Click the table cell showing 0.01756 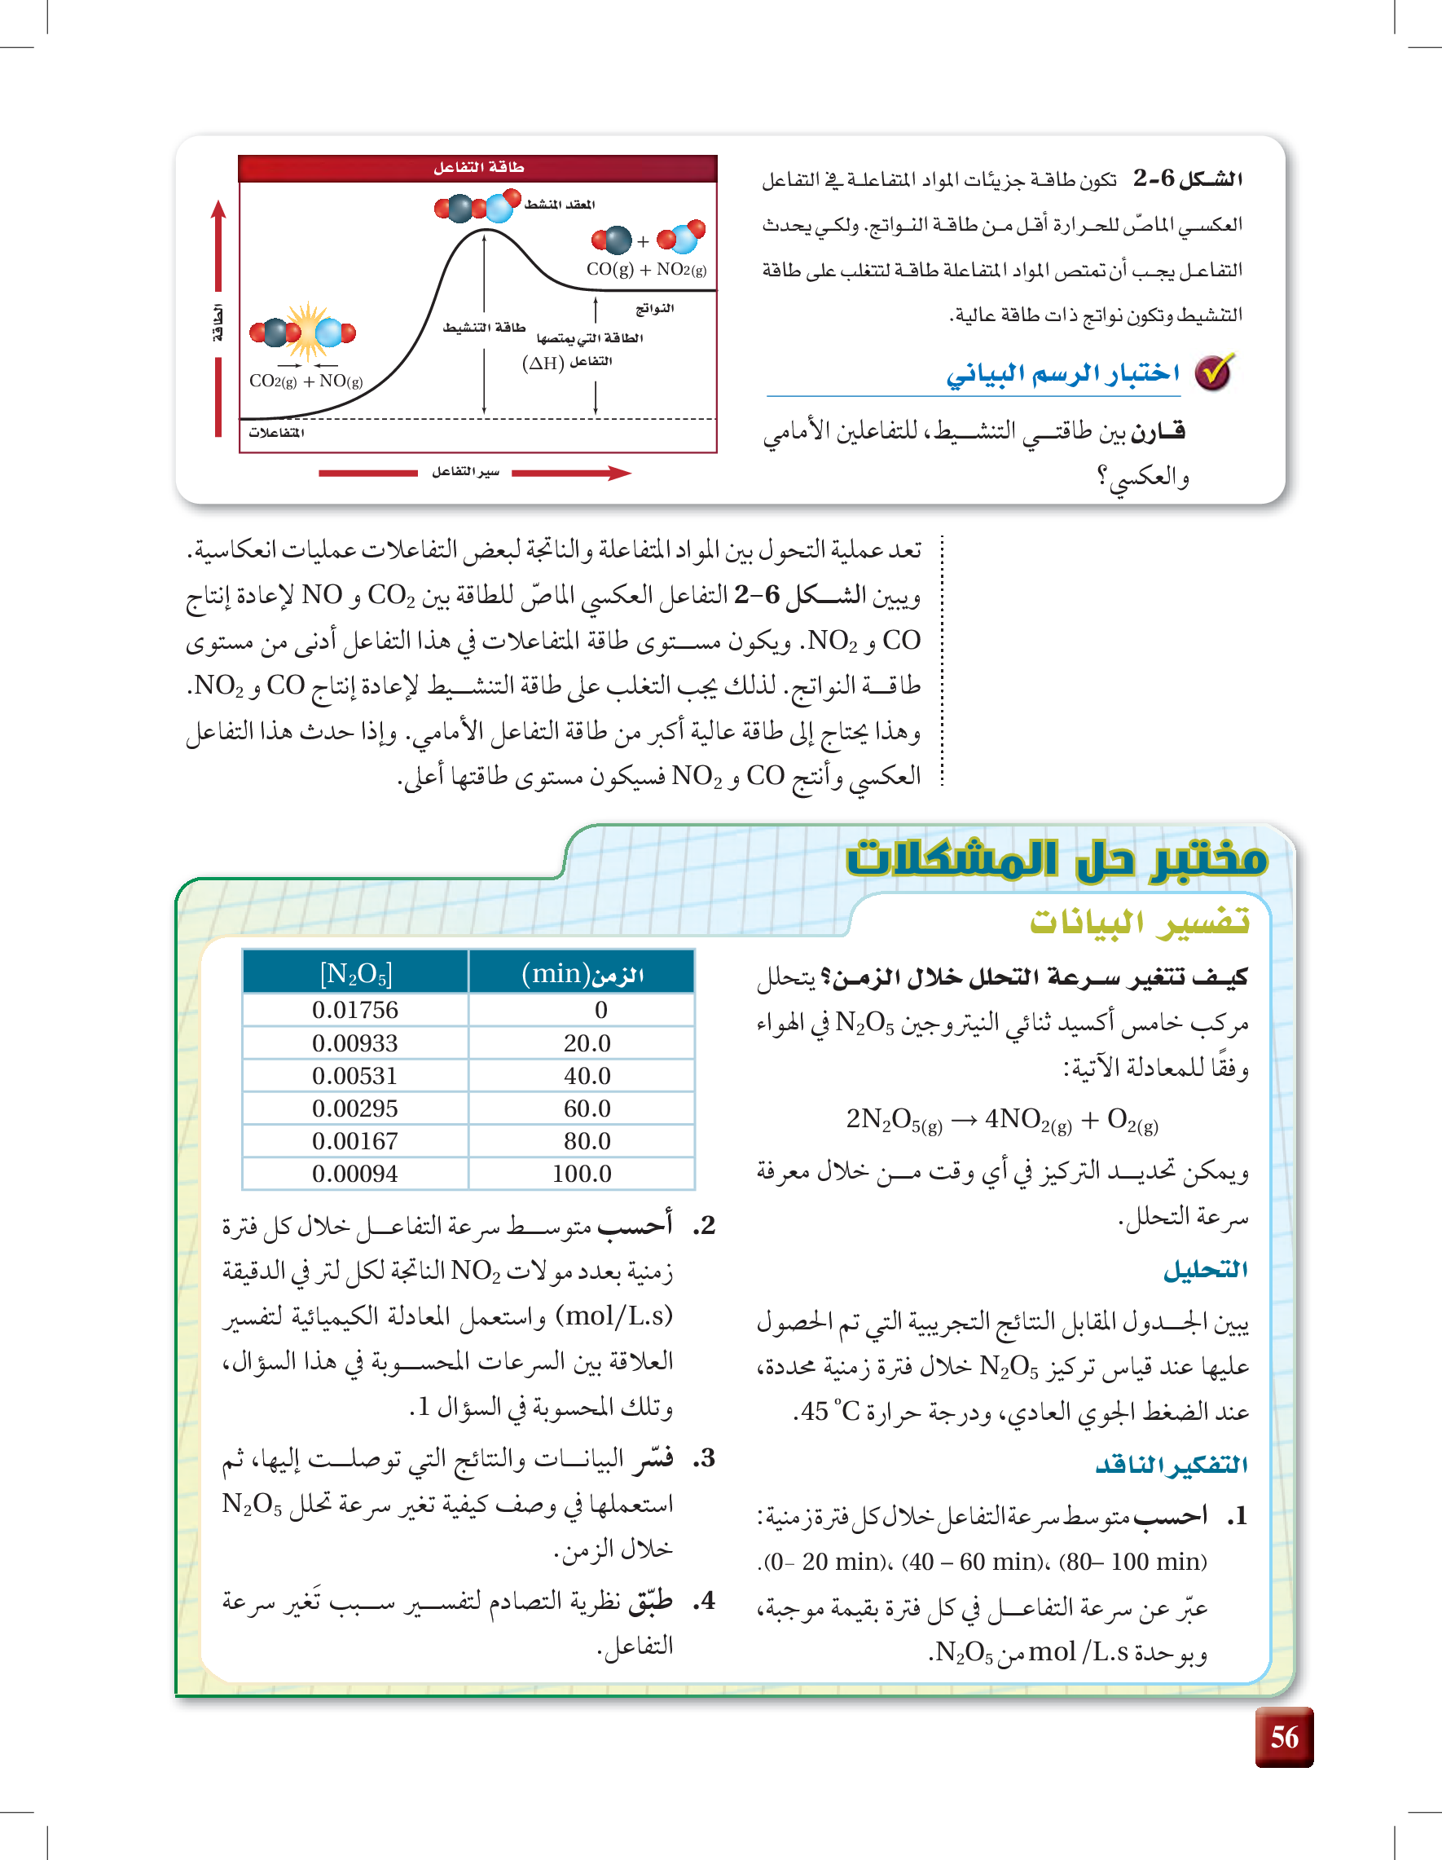pos(355,1010)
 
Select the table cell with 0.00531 pos(355,1076)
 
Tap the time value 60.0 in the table pos(587,1108)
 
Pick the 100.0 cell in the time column pos(582,1174)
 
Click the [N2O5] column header pos(356,972)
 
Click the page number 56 pos(1284,1736)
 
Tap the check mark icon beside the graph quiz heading pos(1214,372)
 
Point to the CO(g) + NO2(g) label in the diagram pos(646,269)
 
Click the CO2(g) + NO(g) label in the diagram pos(306,381)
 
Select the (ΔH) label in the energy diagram pos(543,364)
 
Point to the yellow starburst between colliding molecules pos(306,331)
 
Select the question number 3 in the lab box pos(704,1459)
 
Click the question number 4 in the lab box pos(704,1601)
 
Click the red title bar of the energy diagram pos(477,168)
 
